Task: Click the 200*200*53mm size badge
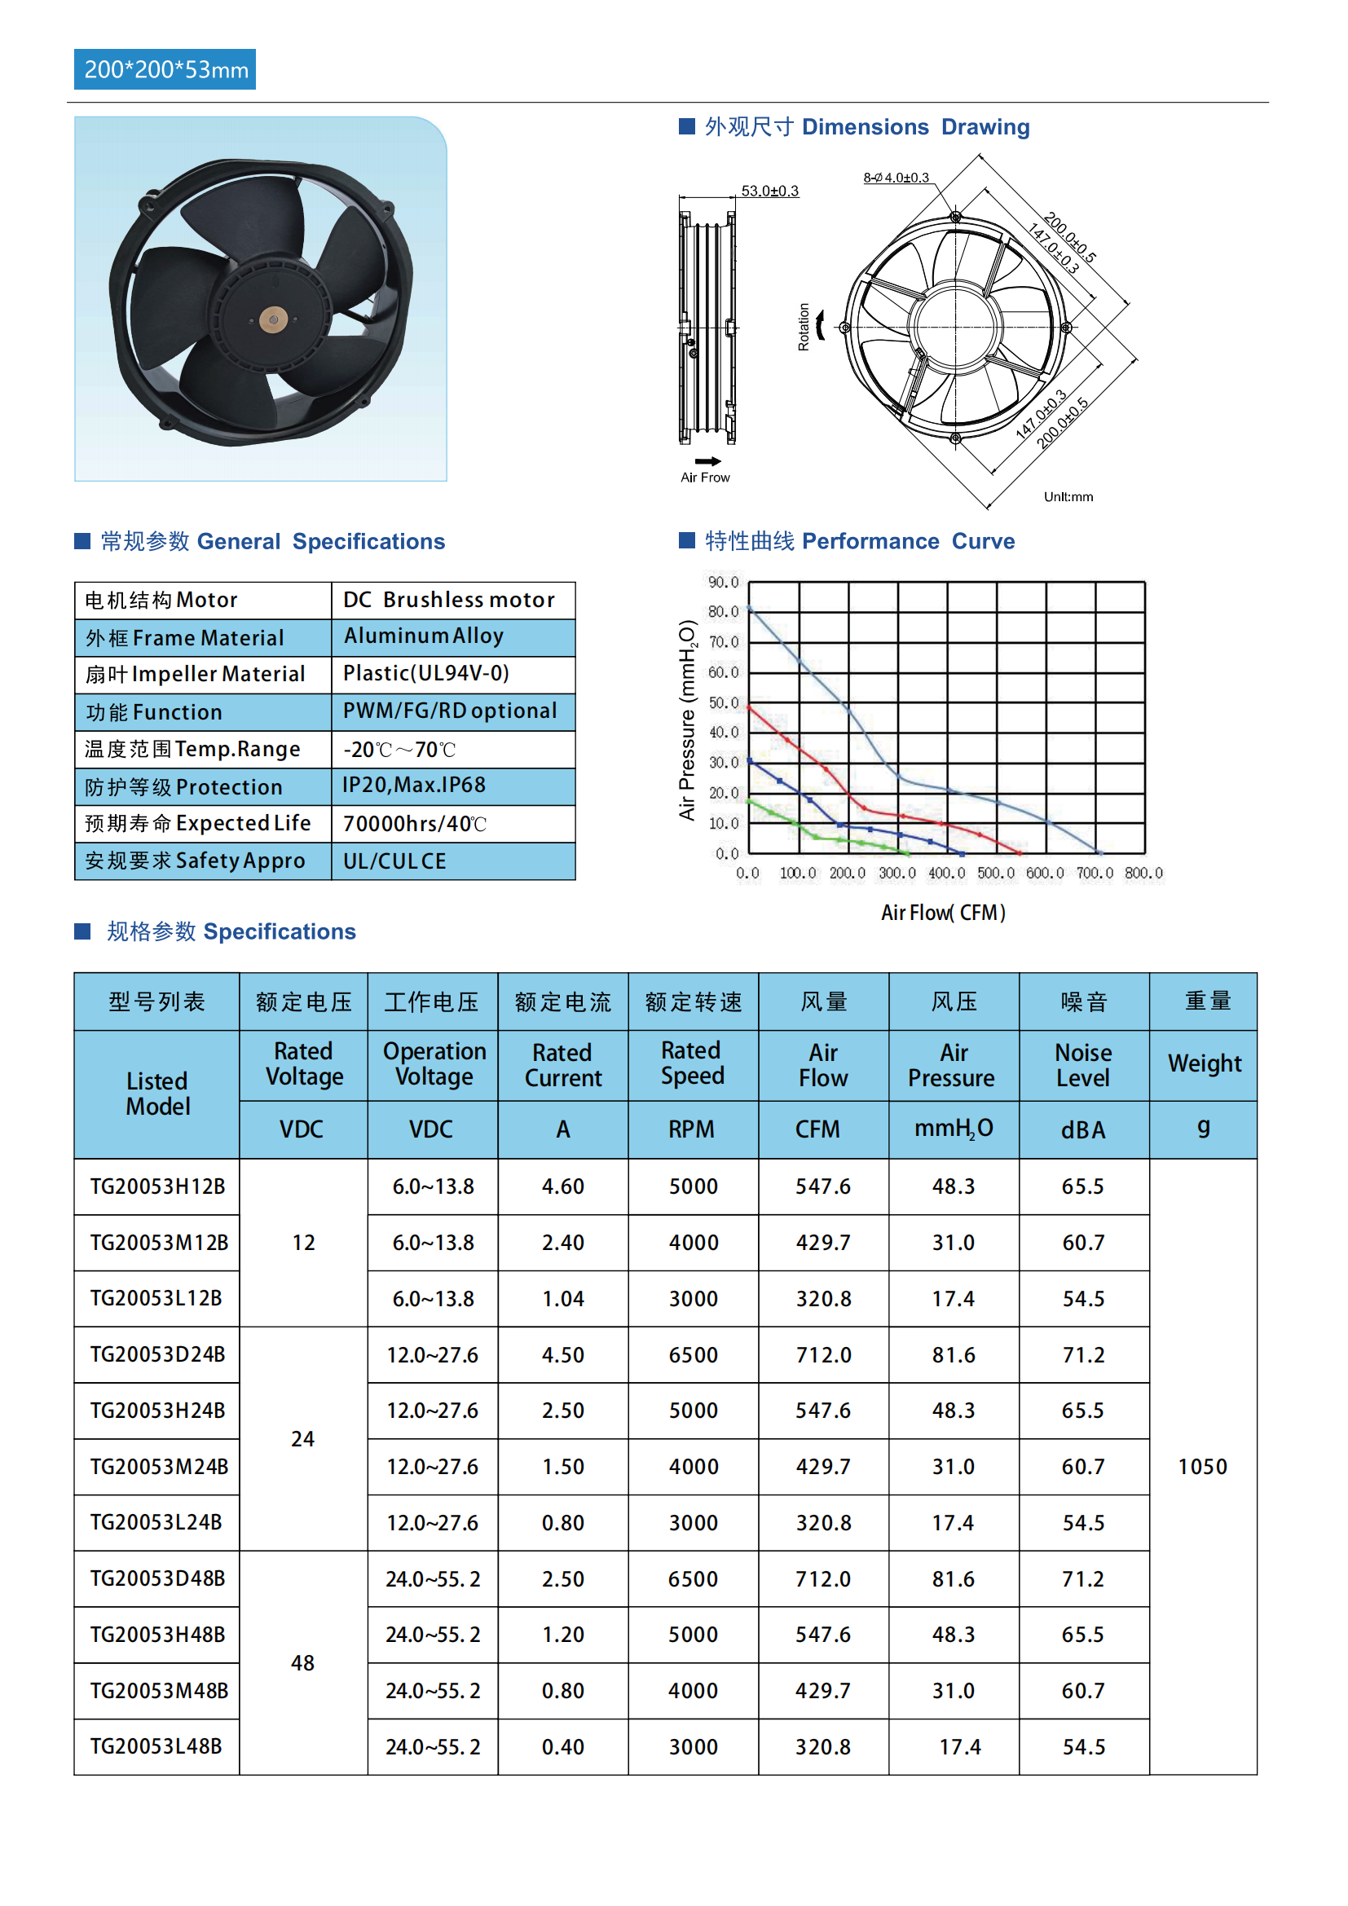click(165, 70)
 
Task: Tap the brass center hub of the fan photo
click(273, 319)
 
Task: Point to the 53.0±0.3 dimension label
click(769, 191)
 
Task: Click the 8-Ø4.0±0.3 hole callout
click(896, 178)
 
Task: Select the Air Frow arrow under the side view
click(708, 461)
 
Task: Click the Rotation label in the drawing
click(804, 326)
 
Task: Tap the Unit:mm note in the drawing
click(1068, 496)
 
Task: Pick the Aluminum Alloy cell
click(424, 636)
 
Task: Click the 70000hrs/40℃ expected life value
click(414, 824)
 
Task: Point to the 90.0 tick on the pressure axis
click(723, 582)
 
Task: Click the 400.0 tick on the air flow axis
click(946, 874)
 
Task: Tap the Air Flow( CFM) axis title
click(943, 913)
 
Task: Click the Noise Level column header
click(1083, 1065)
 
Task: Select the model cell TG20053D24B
click(158, 1355)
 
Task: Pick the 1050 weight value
click(1202, 1467)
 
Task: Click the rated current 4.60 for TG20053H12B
click(563, 1186)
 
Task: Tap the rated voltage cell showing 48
click(303, 1663)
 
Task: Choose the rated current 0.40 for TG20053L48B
click(563, 1746)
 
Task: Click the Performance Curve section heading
click(859, 541)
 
